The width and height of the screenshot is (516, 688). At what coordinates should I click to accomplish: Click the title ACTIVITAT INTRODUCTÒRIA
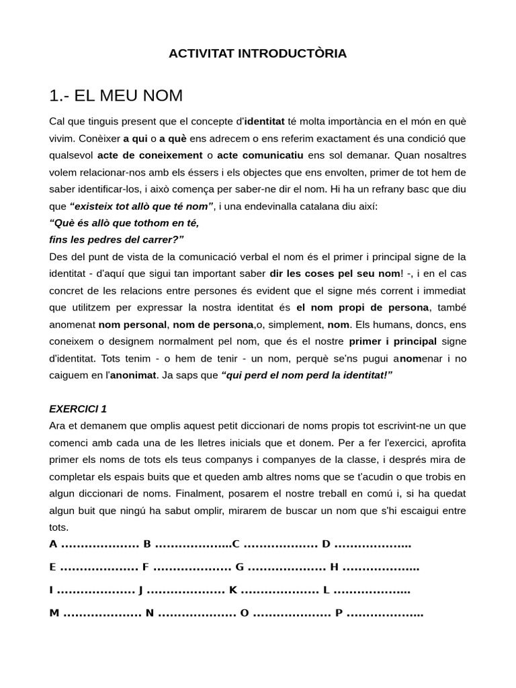click(257, 54)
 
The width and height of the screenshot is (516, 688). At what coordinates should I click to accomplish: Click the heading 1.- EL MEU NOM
click(116, 96)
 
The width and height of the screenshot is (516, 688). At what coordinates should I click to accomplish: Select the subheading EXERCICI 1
click(78, 408)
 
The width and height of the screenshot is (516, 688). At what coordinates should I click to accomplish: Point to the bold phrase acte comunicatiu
click(256, 155)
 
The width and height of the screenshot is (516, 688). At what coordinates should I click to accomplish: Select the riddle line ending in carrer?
click(116, 239)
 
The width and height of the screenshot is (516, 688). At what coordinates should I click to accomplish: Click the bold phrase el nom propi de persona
click(362, 307)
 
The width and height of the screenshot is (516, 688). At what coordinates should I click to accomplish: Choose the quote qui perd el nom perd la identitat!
click(306, 374)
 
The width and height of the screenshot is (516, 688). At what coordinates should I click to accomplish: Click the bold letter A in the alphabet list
click(53, 544)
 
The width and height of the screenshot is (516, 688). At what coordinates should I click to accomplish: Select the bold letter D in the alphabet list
click(327, 544)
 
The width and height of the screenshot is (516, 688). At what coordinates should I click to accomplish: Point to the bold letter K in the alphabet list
click(233, 591)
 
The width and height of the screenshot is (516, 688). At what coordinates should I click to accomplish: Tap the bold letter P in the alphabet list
click(339, 613)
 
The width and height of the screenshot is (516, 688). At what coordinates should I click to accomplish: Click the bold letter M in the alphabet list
click(54, 613)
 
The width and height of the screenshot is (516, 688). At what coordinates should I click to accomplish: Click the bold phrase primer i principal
click(382, 341)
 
